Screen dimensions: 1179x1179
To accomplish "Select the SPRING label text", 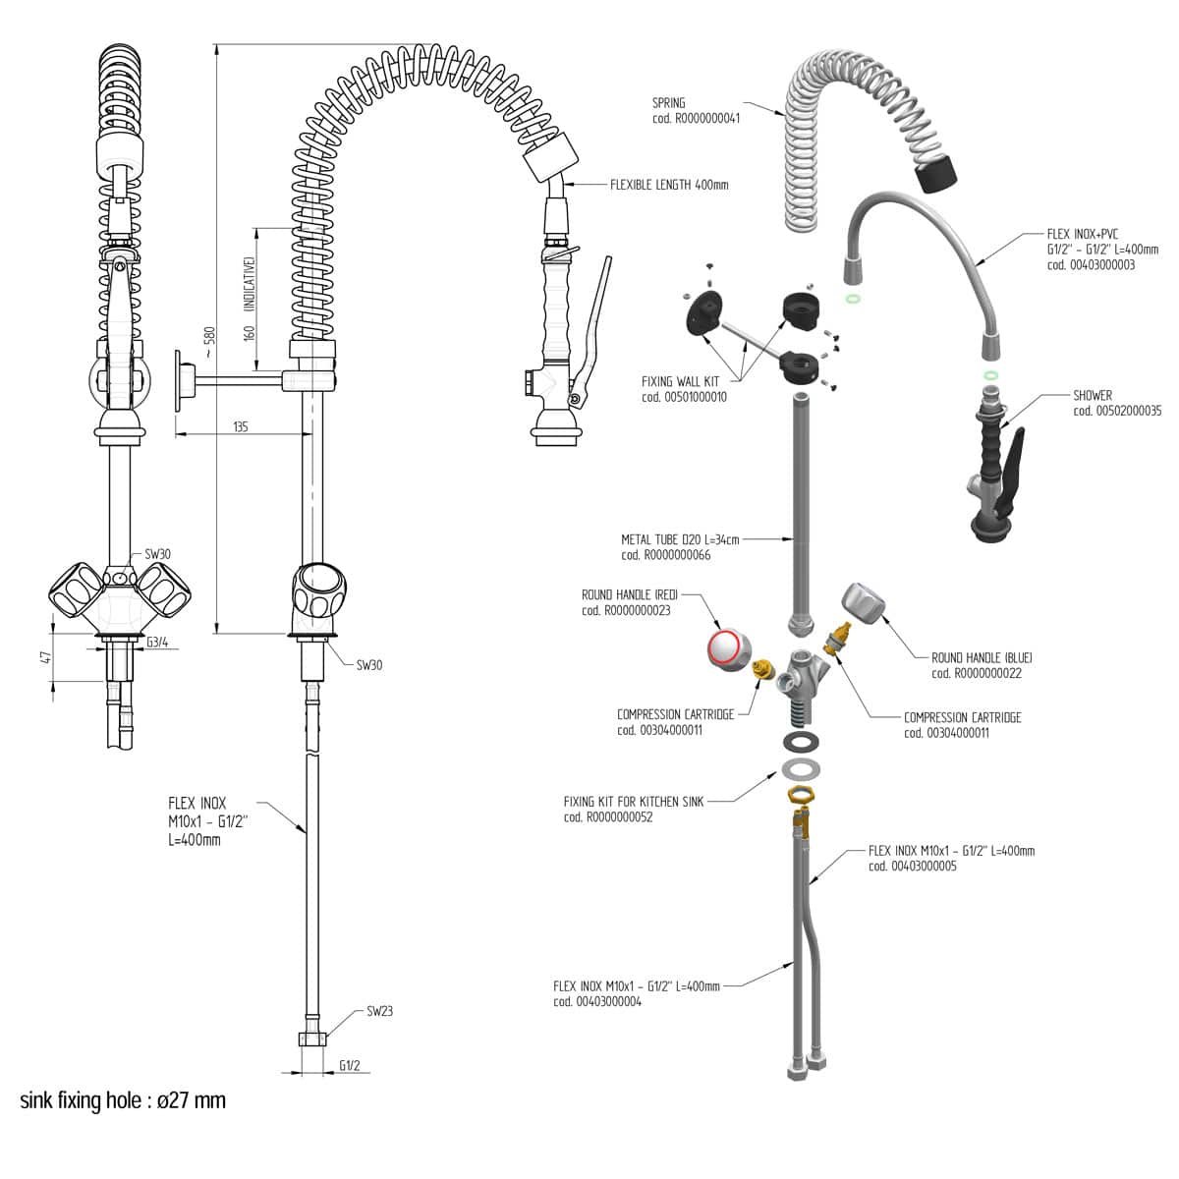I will pyautogui.click(x=669, y=102).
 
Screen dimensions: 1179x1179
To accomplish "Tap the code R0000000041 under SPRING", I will pyautogui.click(x=696, y=118).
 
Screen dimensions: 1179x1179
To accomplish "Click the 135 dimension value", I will pyautogui.click(x=240, y=426).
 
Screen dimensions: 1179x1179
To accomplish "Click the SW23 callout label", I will pyautogui.click(x=379, y=1010).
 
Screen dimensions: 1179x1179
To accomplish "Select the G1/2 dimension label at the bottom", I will pyautogui.click(x=350, y=1065).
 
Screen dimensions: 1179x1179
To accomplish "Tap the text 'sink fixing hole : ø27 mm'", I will pyautogui.click(x=123, y=1099).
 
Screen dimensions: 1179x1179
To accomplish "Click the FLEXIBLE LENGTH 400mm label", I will pyautogui.click(x=669, y=185).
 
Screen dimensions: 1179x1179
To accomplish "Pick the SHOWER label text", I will pyautogui.click(x=1093, y=395).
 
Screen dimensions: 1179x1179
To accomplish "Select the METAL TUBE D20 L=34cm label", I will pyautogui.click(x=680, y=539).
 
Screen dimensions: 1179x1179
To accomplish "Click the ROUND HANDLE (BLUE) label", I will pyautogui.click(x=982, y=657).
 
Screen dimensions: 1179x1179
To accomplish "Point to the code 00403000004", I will pyautogui.click(x=597, y=1002).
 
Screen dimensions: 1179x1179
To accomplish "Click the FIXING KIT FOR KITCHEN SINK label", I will pyautogui.click(x=634, y=802).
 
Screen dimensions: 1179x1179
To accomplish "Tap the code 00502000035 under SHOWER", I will pyautogui.click(x=1117, y=411).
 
